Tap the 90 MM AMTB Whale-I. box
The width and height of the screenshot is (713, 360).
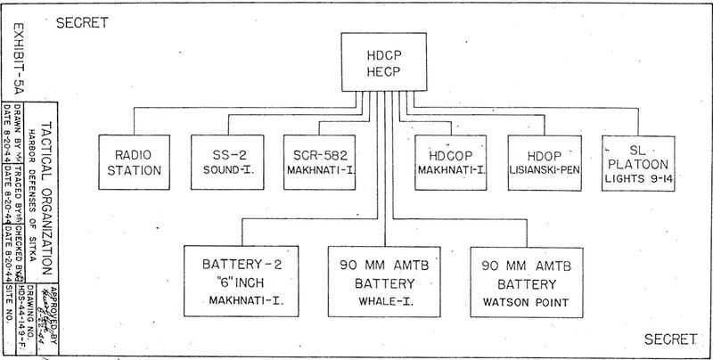pyautogui.click(x=385, y=280)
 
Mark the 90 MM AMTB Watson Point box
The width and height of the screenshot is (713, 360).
pyautogui.click(x=527, y=280)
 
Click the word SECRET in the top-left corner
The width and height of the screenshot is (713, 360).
pyautogui.click(x=83, y=24)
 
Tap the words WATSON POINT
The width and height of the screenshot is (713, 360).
pyautogui.click(x=525, y=302)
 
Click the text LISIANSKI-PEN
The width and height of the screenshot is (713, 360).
pyautogui.click(x=546, y=169)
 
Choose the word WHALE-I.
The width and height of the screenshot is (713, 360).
pyautogui.click(x=385, y=302)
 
